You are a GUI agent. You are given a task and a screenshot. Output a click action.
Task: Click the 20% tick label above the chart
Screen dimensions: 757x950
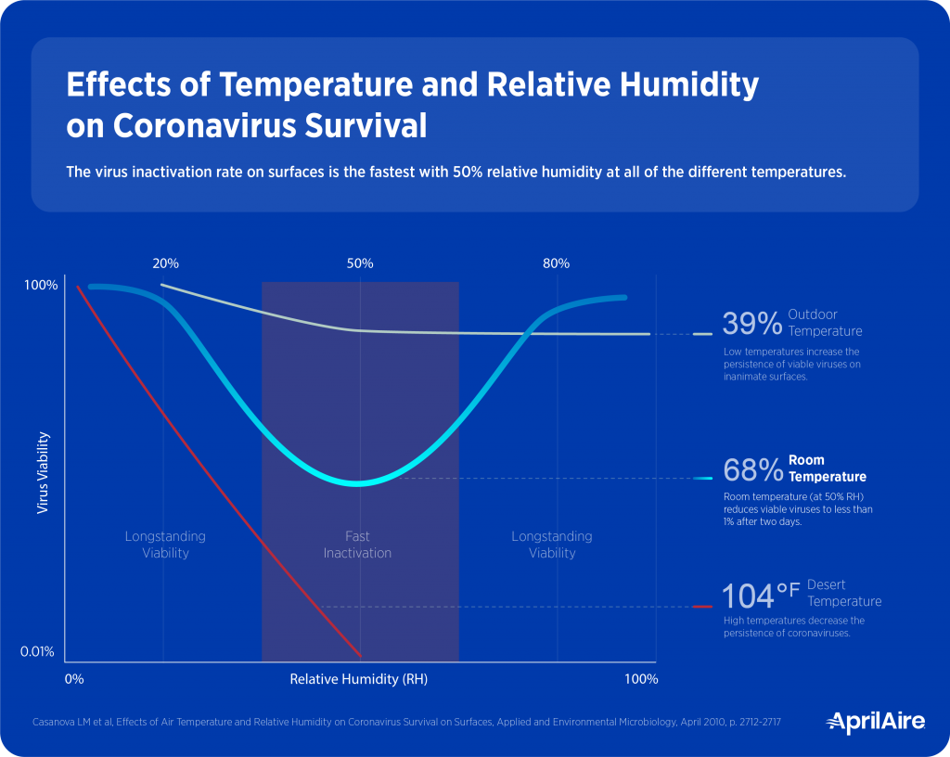pos(165,263)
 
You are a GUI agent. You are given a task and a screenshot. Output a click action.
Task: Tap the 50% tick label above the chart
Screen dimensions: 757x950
pos(360,263)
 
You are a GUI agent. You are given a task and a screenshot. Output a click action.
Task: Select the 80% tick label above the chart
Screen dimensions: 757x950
pos(556,263)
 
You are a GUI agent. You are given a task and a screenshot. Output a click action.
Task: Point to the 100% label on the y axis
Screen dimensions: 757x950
pos(41,285)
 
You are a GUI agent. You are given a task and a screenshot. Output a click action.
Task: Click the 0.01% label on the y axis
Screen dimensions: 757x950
pos(38,652)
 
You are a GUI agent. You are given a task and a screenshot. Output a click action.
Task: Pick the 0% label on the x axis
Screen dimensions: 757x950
pos(74,679)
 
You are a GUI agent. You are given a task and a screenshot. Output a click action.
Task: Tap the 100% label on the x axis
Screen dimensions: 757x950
pos(641,679)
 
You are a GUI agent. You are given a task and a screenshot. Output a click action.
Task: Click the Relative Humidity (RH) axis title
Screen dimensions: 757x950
pos(358,679)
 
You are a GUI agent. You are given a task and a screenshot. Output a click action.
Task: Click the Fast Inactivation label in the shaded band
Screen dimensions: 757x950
pos(357,545)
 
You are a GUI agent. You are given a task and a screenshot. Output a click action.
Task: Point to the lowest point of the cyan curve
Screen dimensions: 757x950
pos(358,483)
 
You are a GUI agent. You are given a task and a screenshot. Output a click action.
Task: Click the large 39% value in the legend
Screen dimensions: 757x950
pos(752,324)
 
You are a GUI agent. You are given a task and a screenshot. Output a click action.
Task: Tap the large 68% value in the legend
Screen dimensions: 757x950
pos(752,470)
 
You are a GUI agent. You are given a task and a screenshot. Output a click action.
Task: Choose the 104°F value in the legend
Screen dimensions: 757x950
pos(761,594)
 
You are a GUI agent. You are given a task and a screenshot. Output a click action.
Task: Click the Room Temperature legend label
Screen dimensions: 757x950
pos(827,468)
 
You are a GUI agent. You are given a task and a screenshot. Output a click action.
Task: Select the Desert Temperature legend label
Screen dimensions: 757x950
pos(843,593)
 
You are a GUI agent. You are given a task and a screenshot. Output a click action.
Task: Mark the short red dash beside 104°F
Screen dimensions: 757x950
pos(702,607)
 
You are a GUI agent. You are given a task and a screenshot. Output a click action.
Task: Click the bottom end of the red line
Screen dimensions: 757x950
pos(359,654)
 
